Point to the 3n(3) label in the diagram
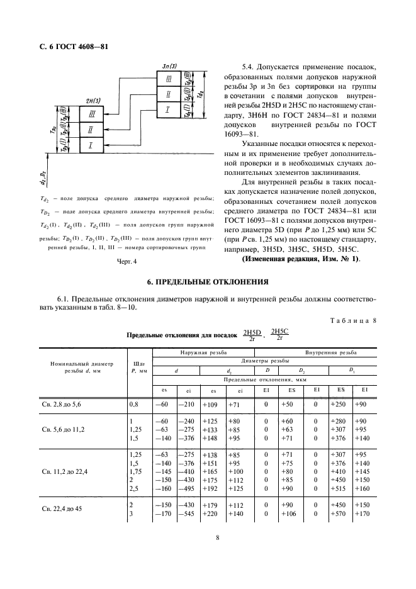(x=169, y=66)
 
